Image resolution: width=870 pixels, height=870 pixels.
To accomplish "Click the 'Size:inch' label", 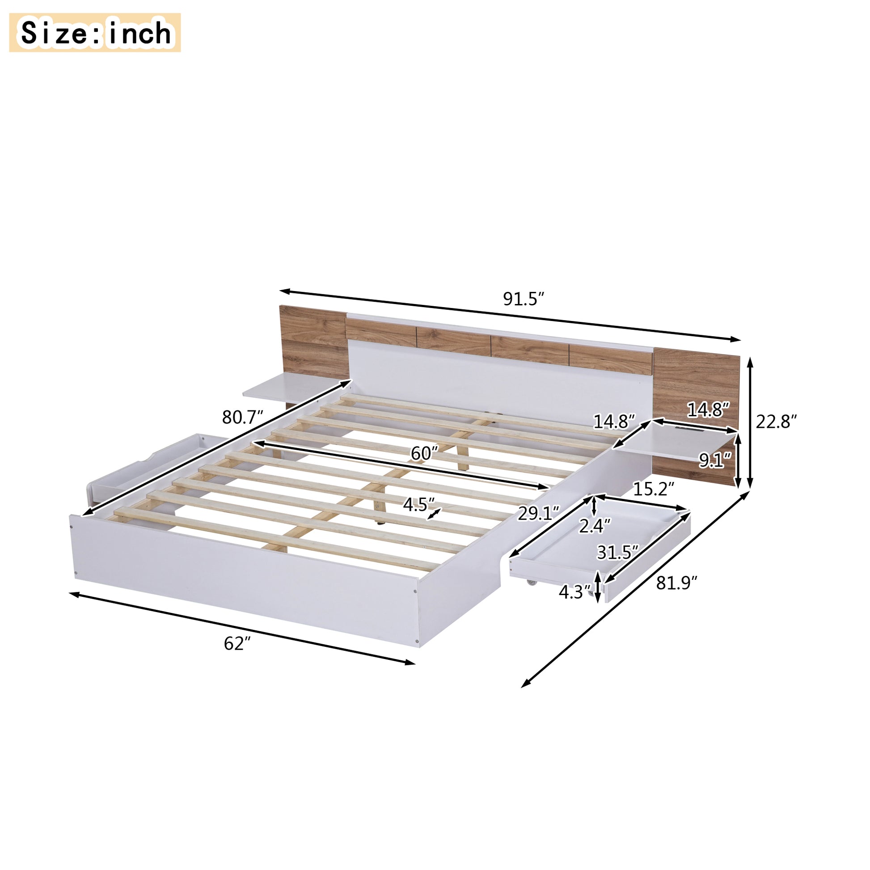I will [x=95, y=33].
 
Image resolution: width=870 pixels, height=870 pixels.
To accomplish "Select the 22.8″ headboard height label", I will [x=776, y=422].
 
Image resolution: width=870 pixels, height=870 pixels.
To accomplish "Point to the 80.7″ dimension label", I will [x=242, y=418].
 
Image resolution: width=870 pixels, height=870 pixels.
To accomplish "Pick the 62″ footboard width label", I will [x=237, y=644].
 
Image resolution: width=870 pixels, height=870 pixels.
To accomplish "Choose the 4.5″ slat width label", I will [x=418, y=505].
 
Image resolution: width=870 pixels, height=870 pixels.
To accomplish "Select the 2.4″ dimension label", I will [x=595, y=525].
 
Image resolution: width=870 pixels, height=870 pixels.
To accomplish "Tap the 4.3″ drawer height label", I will [x=574, y=592].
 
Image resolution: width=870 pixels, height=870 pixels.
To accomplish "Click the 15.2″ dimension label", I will [x=654, y=489].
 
